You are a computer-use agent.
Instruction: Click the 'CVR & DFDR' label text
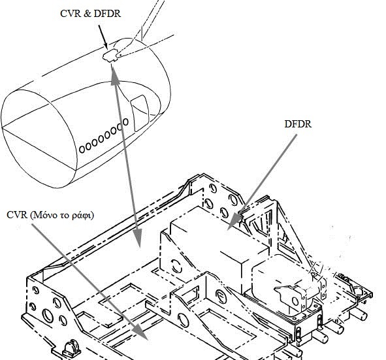(90, 14)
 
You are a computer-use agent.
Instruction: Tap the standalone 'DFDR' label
(298, 124)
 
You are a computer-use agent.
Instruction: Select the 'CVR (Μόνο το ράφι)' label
(50, 215)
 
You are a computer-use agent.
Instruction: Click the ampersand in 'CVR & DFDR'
(87, 14)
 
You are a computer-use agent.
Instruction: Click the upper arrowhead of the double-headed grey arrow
(114, 76)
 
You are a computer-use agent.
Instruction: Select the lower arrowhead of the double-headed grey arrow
(138, 238)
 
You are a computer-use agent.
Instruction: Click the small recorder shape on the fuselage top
(110, 55)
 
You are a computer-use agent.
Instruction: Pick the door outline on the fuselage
(140, 113)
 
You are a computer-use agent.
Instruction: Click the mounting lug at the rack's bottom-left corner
(72, 349)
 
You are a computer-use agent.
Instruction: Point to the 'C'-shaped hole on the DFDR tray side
(176, 267)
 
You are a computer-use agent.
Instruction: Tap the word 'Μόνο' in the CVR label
(44, 216)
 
